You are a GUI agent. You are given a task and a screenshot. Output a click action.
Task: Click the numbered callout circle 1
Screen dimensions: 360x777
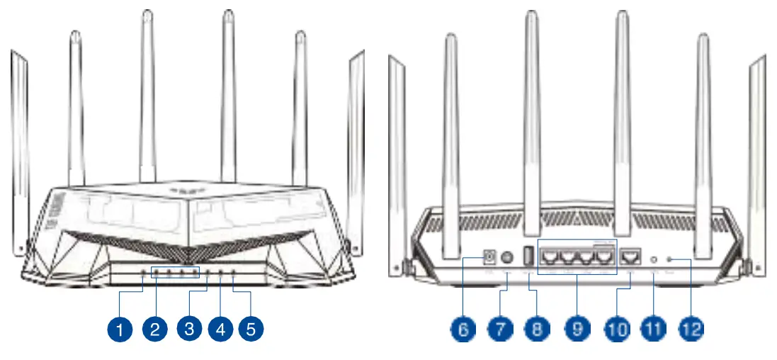coord(121,329)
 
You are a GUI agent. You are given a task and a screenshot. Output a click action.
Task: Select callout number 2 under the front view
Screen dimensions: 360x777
coord(154,329)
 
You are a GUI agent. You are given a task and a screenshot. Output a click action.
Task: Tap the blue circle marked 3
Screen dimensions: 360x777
coord(188,329)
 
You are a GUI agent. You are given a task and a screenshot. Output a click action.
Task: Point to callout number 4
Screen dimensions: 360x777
coord(220,329)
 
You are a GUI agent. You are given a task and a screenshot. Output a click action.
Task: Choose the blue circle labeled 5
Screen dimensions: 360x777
coord(251,329)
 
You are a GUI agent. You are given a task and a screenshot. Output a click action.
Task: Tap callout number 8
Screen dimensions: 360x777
coord(536,329)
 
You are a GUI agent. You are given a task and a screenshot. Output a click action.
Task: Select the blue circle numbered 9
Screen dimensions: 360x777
coord(578,329)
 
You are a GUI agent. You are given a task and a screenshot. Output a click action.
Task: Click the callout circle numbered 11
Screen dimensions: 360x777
coord(653,329)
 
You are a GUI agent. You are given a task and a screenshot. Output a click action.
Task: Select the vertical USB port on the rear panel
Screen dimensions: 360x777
coord(528,257)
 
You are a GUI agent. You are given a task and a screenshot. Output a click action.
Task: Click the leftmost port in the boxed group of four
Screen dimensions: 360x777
coord(550,257)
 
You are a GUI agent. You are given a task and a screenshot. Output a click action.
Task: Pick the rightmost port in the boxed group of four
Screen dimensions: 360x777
coord(602,257)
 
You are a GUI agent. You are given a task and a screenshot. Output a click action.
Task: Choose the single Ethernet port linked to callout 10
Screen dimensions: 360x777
coord(628,257)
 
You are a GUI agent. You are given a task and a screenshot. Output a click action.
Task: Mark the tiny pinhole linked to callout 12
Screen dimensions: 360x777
coord(670,260)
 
